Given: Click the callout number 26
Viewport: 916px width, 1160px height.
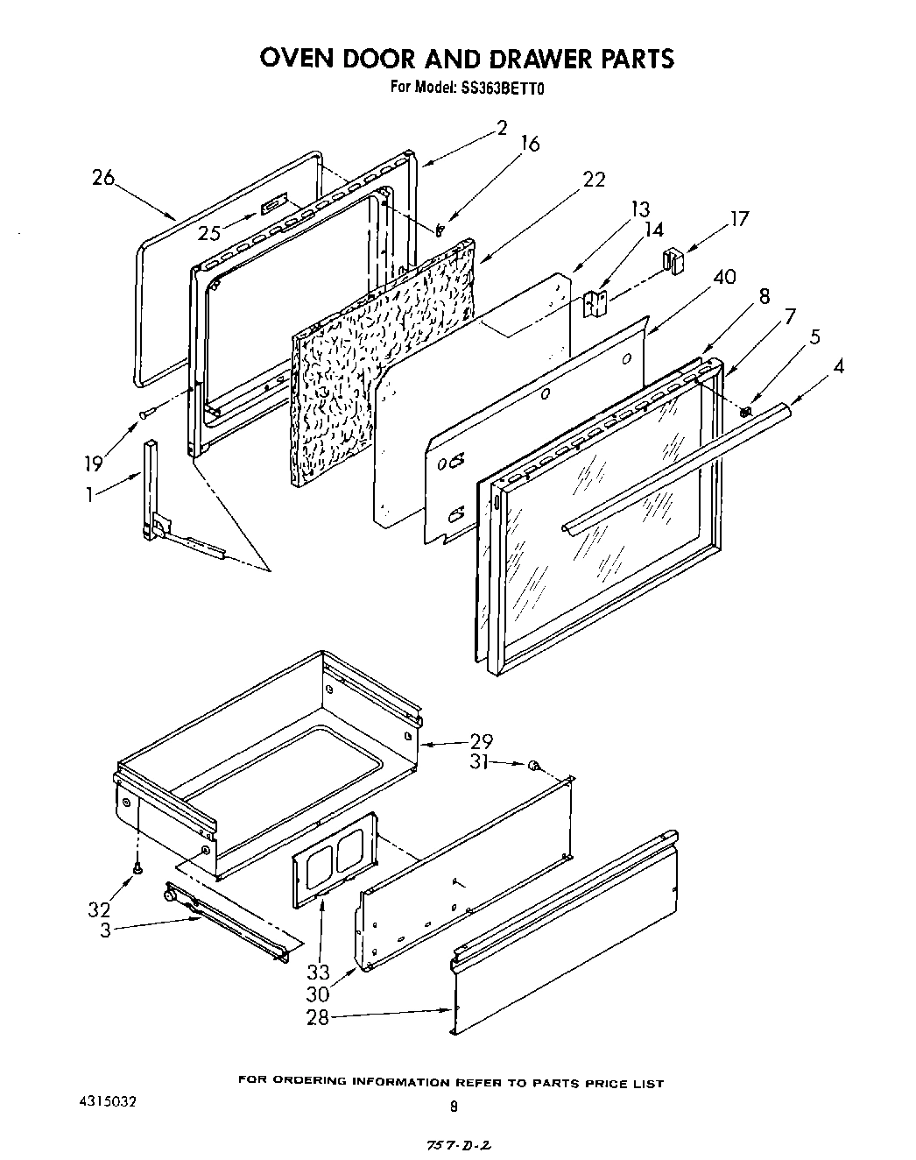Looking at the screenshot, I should pos(103,178).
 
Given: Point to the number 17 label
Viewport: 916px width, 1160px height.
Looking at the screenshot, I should pos(739,218).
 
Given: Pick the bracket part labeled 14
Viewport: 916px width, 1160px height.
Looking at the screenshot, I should pos(595,304).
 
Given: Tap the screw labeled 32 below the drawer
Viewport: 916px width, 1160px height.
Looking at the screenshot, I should pos(137,867).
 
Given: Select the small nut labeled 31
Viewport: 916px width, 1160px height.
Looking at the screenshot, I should pos(532,767).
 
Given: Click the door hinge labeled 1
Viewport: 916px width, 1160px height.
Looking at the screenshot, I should pos(156,499).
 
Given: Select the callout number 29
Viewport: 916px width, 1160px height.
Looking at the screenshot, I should pos(482,741).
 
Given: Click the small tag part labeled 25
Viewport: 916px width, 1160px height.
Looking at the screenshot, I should pos(271,205).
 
